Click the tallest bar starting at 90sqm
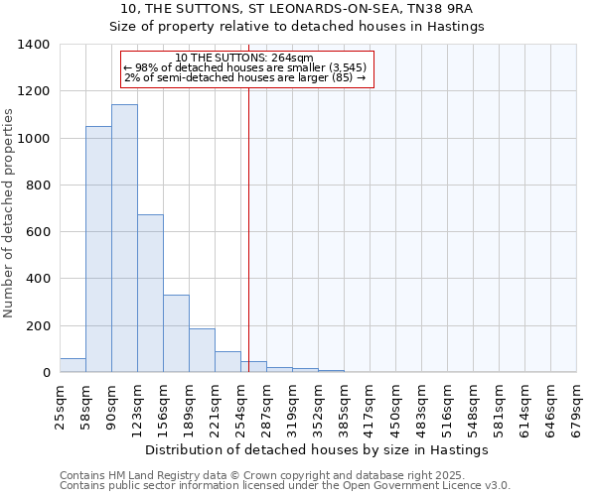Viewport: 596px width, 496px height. click(x=124, y=238)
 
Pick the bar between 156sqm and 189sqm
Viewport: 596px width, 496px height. click(x=176, y=333)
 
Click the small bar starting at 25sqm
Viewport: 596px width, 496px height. click(x=73, y=365)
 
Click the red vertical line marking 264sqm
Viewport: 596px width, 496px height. click(x=248, y=228)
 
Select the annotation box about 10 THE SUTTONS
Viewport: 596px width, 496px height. click(x=245, y=69)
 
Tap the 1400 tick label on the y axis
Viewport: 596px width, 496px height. click(x=34, y=45)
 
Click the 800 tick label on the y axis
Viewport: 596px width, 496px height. click(x=38, y=186)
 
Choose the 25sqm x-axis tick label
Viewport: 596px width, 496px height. click(x=61, y=406)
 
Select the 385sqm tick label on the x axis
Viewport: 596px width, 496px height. click(x=345, y=406)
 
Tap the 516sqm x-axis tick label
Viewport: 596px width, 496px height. click(x=448, y=406)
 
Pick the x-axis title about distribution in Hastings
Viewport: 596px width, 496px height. click(x=317, y=449)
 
